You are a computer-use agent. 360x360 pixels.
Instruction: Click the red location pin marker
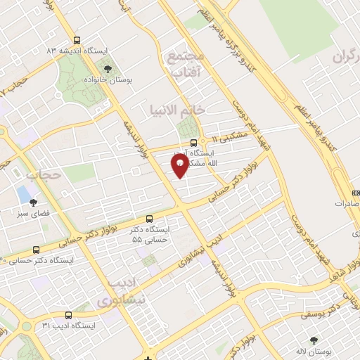179,165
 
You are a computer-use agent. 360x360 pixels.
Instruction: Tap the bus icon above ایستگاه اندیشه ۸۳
76,41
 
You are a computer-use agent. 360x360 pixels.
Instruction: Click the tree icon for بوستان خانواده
108,68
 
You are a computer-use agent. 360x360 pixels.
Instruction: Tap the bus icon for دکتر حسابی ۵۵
148,219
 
